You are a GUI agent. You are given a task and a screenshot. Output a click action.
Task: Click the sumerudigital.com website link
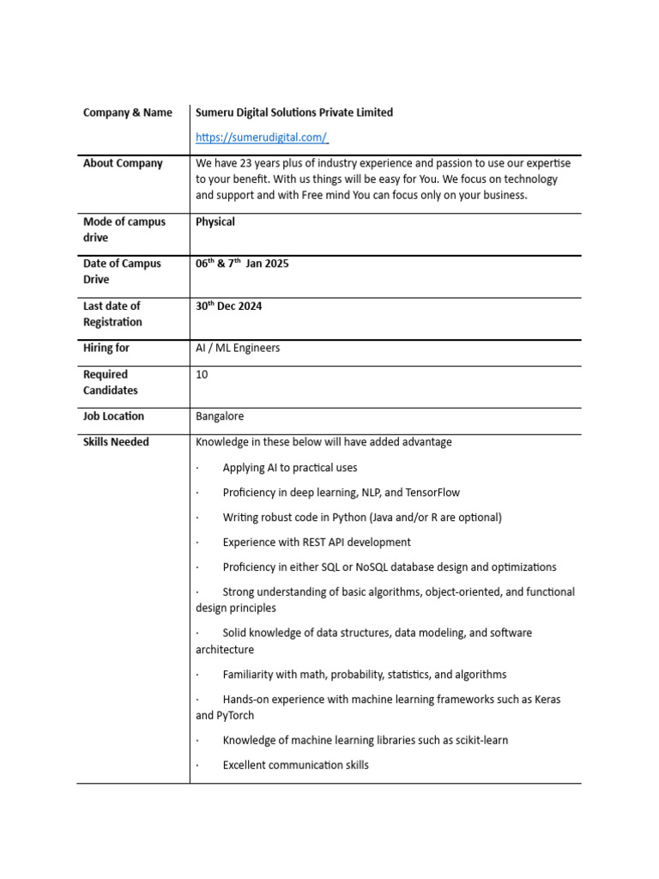pyautogui.click(x=262, y=137)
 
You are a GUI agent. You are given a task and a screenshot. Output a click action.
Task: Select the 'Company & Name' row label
pyautogui.click(x=128, y=112)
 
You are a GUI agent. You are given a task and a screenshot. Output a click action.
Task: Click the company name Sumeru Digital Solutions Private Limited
pyautogui.click(x=294, y=112)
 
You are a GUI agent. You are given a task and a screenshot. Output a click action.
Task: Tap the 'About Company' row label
pyautogui.click(x=123, y=163)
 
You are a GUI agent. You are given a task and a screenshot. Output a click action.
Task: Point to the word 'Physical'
pyautogui.click(x=215, y=221)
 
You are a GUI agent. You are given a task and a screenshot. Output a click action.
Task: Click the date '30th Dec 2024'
pyautogui.click(x=228, y=306)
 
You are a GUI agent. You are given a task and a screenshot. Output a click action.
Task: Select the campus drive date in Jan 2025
pyautogui.click(x=242, y=264)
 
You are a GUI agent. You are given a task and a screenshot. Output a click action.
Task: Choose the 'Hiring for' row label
pyautogui.click(x=106, y=348)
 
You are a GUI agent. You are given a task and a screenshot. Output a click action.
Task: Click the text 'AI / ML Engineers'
pyautogui.click(x=238, y=348)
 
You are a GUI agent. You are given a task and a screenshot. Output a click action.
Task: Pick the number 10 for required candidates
pyautogui.click(x=202, y=374)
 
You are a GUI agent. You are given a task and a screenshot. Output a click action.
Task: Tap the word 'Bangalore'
pyautogui.click(x=220, y=416)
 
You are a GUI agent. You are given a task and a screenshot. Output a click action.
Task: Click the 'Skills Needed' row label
pyautogui.click(x=116, y=442)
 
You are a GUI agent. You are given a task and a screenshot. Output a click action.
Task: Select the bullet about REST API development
pyautogui.click(x=317, y=543)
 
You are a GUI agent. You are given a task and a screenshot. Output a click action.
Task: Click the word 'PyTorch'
pyautogui.click(x=237, y=715)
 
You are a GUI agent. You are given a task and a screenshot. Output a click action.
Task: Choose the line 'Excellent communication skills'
pyautogui.click(x=295, y=765)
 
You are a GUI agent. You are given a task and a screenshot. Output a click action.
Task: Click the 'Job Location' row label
pyautogui.click(x=113, y=416)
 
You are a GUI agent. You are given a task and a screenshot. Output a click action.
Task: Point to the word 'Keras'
pyautogui.click(x=546, y=700)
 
